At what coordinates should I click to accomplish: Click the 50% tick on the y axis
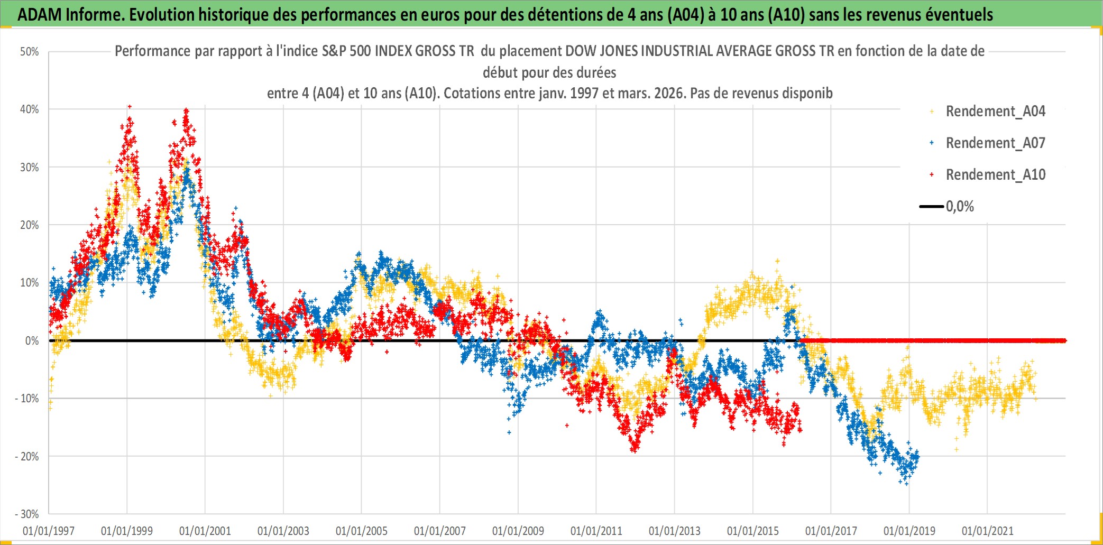30,52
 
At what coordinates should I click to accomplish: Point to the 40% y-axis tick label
30,109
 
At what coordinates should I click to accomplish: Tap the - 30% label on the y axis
27,514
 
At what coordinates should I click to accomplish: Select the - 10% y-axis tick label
27,399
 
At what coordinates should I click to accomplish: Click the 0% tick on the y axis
32,341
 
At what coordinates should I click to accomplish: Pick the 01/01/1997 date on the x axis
49,531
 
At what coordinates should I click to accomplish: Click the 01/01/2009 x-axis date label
518,531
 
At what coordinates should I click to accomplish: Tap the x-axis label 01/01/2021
987,531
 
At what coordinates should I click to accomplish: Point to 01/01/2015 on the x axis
752,531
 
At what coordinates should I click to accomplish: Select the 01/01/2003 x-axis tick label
283,531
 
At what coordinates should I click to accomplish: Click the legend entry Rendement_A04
995,112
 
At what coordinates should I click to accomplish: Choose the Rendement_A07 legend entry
995,143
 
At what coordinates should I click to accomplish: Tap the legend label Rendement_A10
995,175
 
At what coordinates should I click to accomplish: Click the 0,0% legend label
960,207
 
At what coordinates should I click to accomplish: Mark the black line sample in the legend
932,207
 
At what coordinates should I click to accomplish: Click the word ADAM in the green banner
40,15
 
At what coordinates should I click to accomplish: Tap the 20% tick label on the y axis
30,225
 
